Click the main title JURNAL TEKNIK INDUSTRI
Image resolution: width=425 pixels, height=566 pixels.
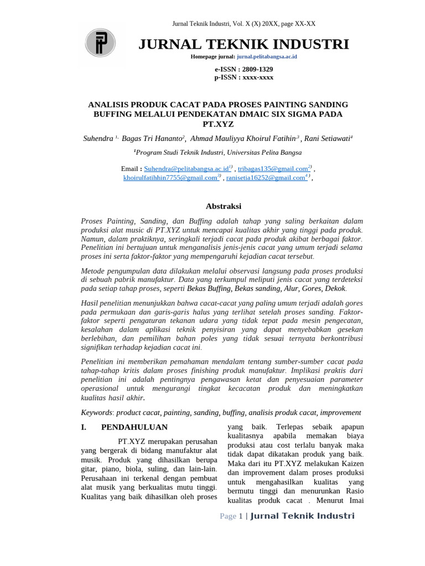click(x=243, y=44)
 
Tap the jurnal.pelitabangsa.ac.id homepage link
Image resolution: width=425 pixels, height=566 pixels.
click(x=267, y=57)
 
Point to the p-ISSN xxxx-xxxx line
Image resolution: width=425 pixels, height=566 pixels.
click(x=243, y=77)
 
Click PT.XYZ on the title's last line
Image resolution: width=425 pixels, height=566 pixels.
click(x=219, y=124)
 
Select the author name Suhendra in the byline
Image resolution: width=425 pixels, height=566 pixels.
click(x=97, y=138)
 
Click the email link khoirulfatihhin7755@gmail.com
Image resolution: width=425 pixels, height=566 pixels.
click(x=170, y=178)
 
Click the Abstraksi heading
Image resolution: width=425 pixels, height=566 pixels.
click(x=224, y=206)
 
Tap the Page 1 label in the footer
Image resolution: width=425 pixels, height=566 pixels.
click(x=231, y=516)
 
